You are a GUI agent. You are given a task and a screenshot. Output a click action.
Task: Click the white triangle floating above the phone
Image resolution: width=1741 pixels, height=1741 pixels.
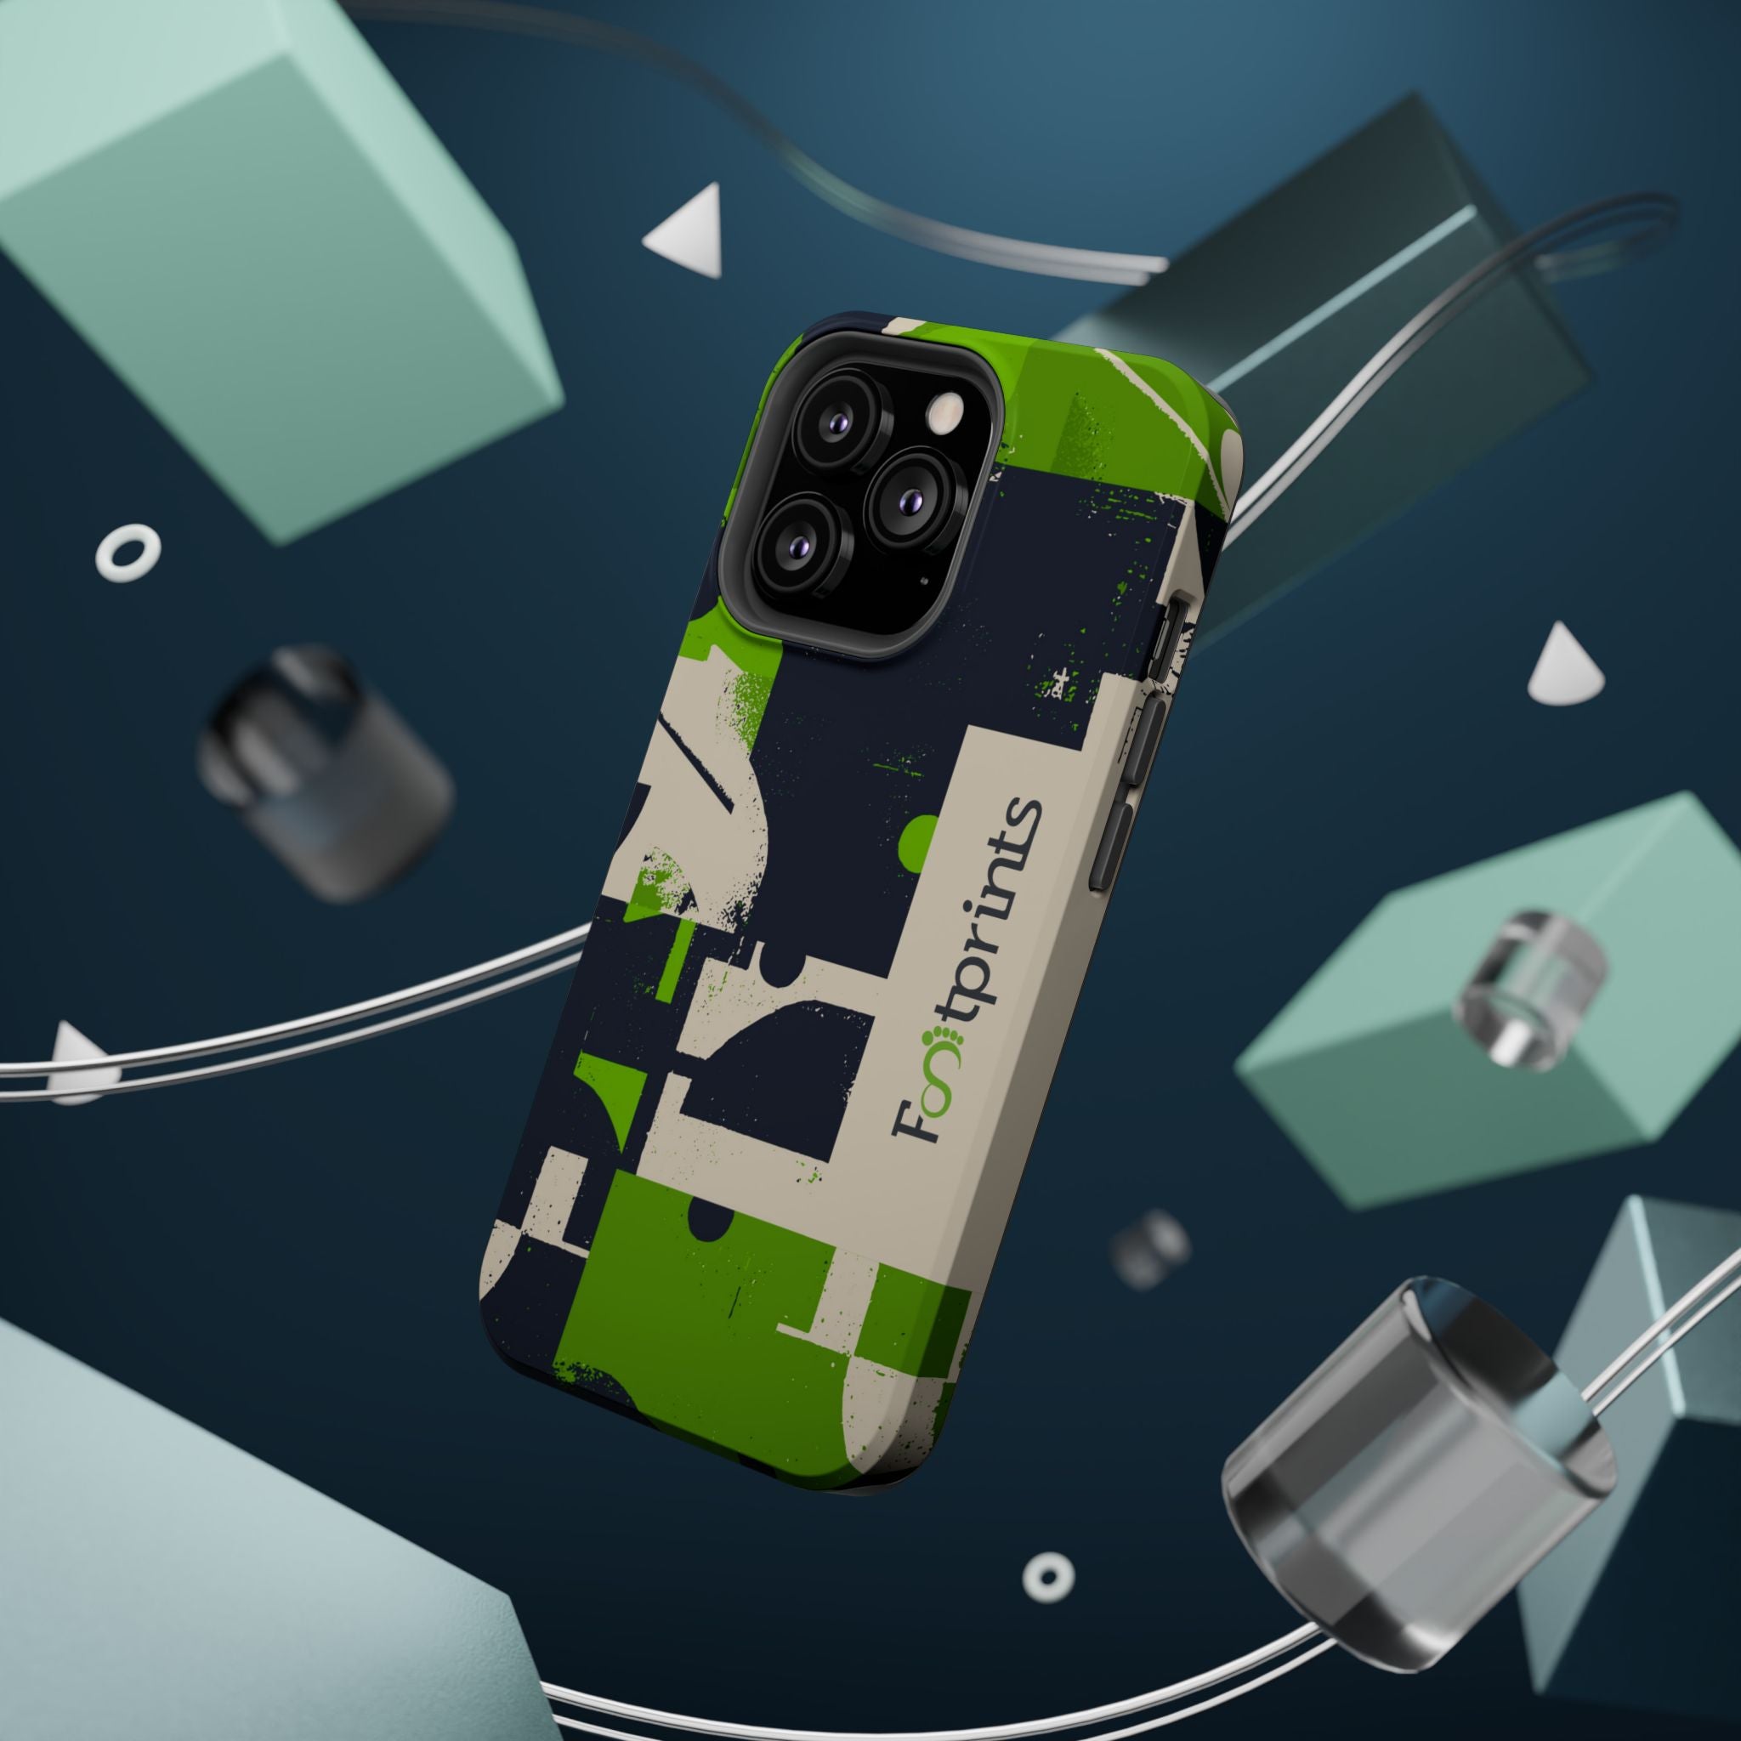(685, 230)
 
